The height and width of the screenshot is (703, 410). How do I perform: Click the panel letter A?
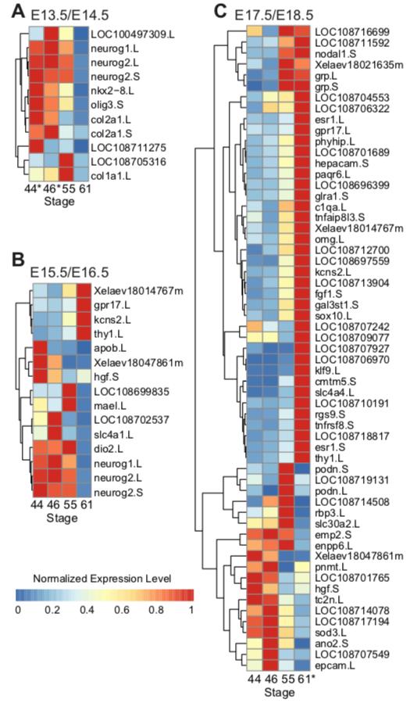coord(20,11)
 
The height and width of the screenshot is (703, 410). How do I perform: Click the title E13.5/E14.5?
coord(70,15)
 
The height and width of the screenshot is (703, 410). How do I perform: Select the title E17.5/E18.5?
coord(275,15)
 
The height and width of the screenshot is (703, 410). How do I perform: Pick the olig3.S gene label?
coord(105,106)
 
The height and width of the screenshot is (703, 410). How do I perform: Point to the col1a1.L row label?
coord(111,177)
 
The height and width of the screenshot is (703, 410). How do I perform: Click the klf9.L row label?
coord(327,371)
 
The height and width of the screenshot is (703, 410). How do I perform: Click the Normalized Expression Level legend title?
coord(102,579)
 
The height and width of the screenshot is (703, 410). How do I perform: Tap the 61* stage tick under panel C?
coord(305,680)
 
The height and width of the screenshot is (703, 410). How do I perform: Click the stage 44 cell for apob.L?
coord(37,348)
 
